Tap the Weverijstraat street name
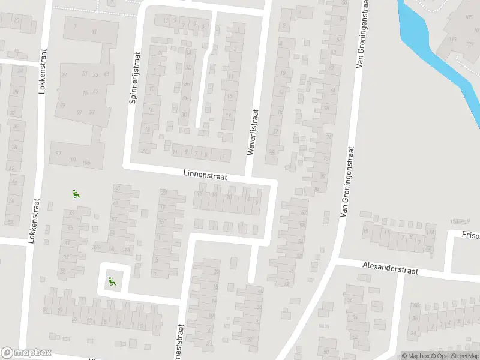(x=253, y=133)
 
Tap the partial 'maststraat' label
(x=180, y=341)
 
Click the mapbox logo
(x=26, y=353)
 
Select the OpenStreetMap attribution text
(x=453, y=356)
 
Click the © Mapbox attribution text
(x=415, y=356)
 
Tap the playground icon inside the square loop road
(x=111, y=280)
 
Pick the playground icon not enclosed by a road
(x=76, y=194)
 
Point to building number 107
(x=72, y=160)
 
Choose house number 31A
(x=125, y=249)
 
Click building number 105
(x=469, y=17)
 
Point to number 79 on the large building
(x=62, y=106)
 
